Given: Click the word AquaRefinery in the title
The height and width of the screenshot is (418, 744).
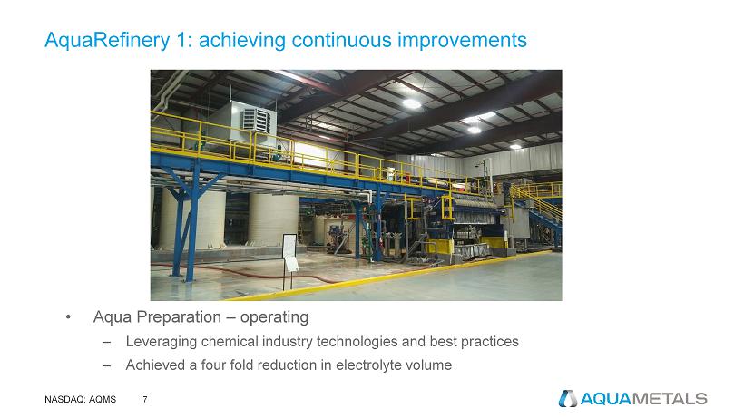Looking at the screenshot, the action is click(x=107, y=40).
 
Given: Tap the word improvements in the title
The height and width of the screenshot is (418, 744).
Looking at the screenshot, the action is click(x=462, y=40).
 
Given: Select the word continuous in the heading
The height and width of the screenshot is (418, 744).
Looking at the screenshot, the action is click(x=342, y=40).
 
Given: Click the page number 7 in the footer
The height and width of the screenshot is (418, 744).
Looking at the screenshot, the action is click(x=145, y=400).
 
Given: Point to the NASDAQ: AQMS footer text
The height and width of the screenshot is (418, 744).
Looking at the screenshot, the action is click(x=80, y=400).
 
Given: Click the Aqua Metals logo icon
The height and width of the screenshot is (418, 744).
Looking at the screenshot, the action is click(x=567, y=399).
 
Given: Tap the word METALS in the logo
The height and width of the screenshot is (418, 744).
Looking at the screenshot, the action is click(x=669, y=399).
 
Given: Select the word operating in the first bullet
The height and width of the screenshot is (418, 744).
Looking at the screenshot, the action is click(x=274, y=317).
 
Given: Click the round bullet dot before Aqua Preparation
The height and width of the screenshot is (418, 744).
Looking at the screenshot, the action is click(x=68, y=317).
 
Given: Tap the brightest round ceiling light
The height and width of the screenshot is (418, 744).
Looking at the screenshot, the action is click(x=411, y=103).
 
